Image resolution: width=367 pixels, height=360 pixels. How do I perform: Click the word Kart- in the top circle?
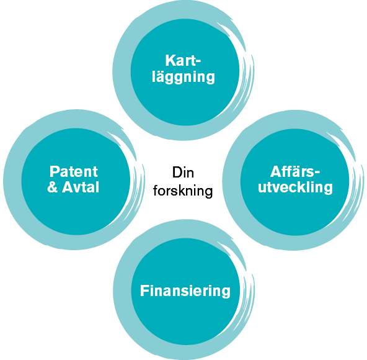coord(183,60)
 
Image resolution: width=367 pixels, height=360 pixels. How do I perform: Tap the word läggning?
coord(183,77)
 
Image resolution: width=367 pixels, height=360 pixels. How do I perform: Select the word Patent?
coord(74,171)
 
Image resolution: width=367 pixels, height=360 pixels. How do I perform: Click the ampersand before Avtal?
coord(53,187)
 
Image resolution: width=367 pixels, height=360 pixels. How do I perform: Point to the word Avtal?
coord(81,187)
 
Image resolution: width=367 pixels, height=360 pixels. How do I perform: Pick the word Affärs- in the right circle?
coord(295,171)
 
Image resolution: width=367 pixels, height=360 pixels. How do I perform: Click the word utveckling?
coord(295,187)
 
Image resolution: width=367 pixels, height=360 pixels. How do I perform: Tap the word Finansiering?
coord(185,291)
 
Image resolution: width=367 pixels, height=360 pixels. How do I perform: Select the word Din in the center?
coord(183,173)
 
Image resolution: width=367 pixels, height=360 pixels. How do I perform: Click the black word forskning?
coord(183,191)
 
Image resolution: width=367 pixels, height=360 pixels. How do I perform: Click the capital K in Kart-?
coord(170,60)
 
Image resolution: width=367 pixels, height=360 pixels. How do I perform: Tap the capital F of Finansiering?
coord(144,290)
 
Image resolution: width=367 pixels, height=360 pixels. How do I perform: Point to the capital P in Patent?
coord(55,171)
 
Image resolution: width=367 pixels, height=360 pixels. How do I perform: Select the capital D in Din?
coord(177,173)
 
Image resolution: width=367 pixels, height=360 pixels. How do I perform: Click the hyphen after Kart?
coord(198,62)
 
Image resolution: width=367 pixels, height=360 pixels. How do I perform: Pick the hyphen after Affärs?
coord(317,173)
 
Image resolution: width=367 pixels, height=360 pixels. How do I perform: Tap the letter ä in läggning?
coord(163,76)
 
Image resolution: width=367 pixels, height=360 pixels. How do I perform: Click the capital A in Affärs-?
coord(276,171)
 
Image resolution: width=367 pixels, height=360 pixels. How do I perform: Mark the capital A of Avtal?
coord(68,187)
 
